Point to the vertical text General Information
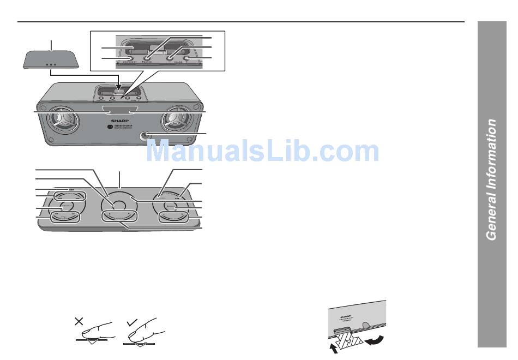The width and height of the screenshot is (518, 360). coord(491,180)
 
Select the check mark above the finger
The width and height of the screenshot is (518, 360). coord(131,323)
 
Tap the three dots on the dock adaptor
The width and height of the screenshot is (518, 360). coord(51,64)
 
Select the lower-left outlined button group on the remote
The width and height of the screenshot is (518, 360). coord(65,217)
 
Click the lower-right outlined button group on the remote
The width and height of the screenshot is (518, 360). coord(174,217)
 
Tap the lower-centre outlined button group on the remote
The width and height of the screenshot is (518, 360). coord(120,217)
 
